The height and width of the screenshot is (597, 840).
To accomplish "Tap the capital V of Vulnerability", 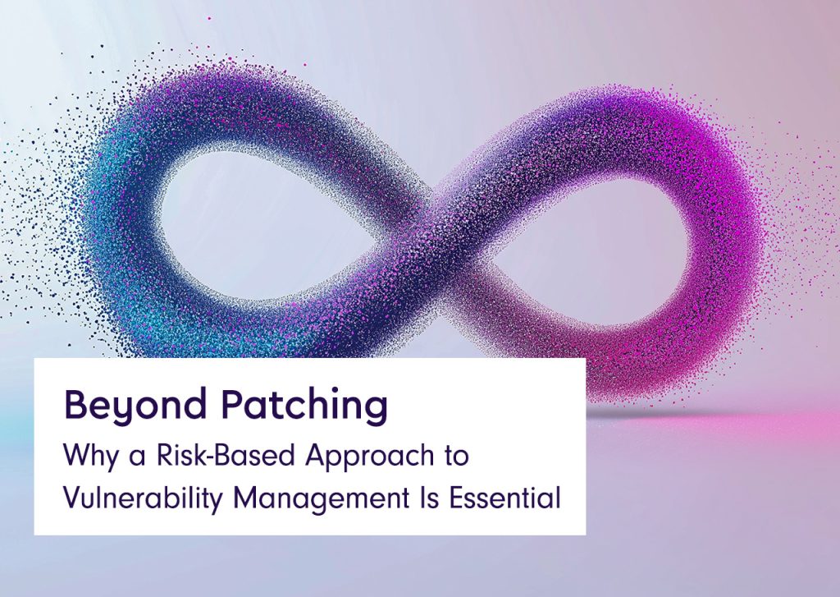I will pos(71,497).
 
